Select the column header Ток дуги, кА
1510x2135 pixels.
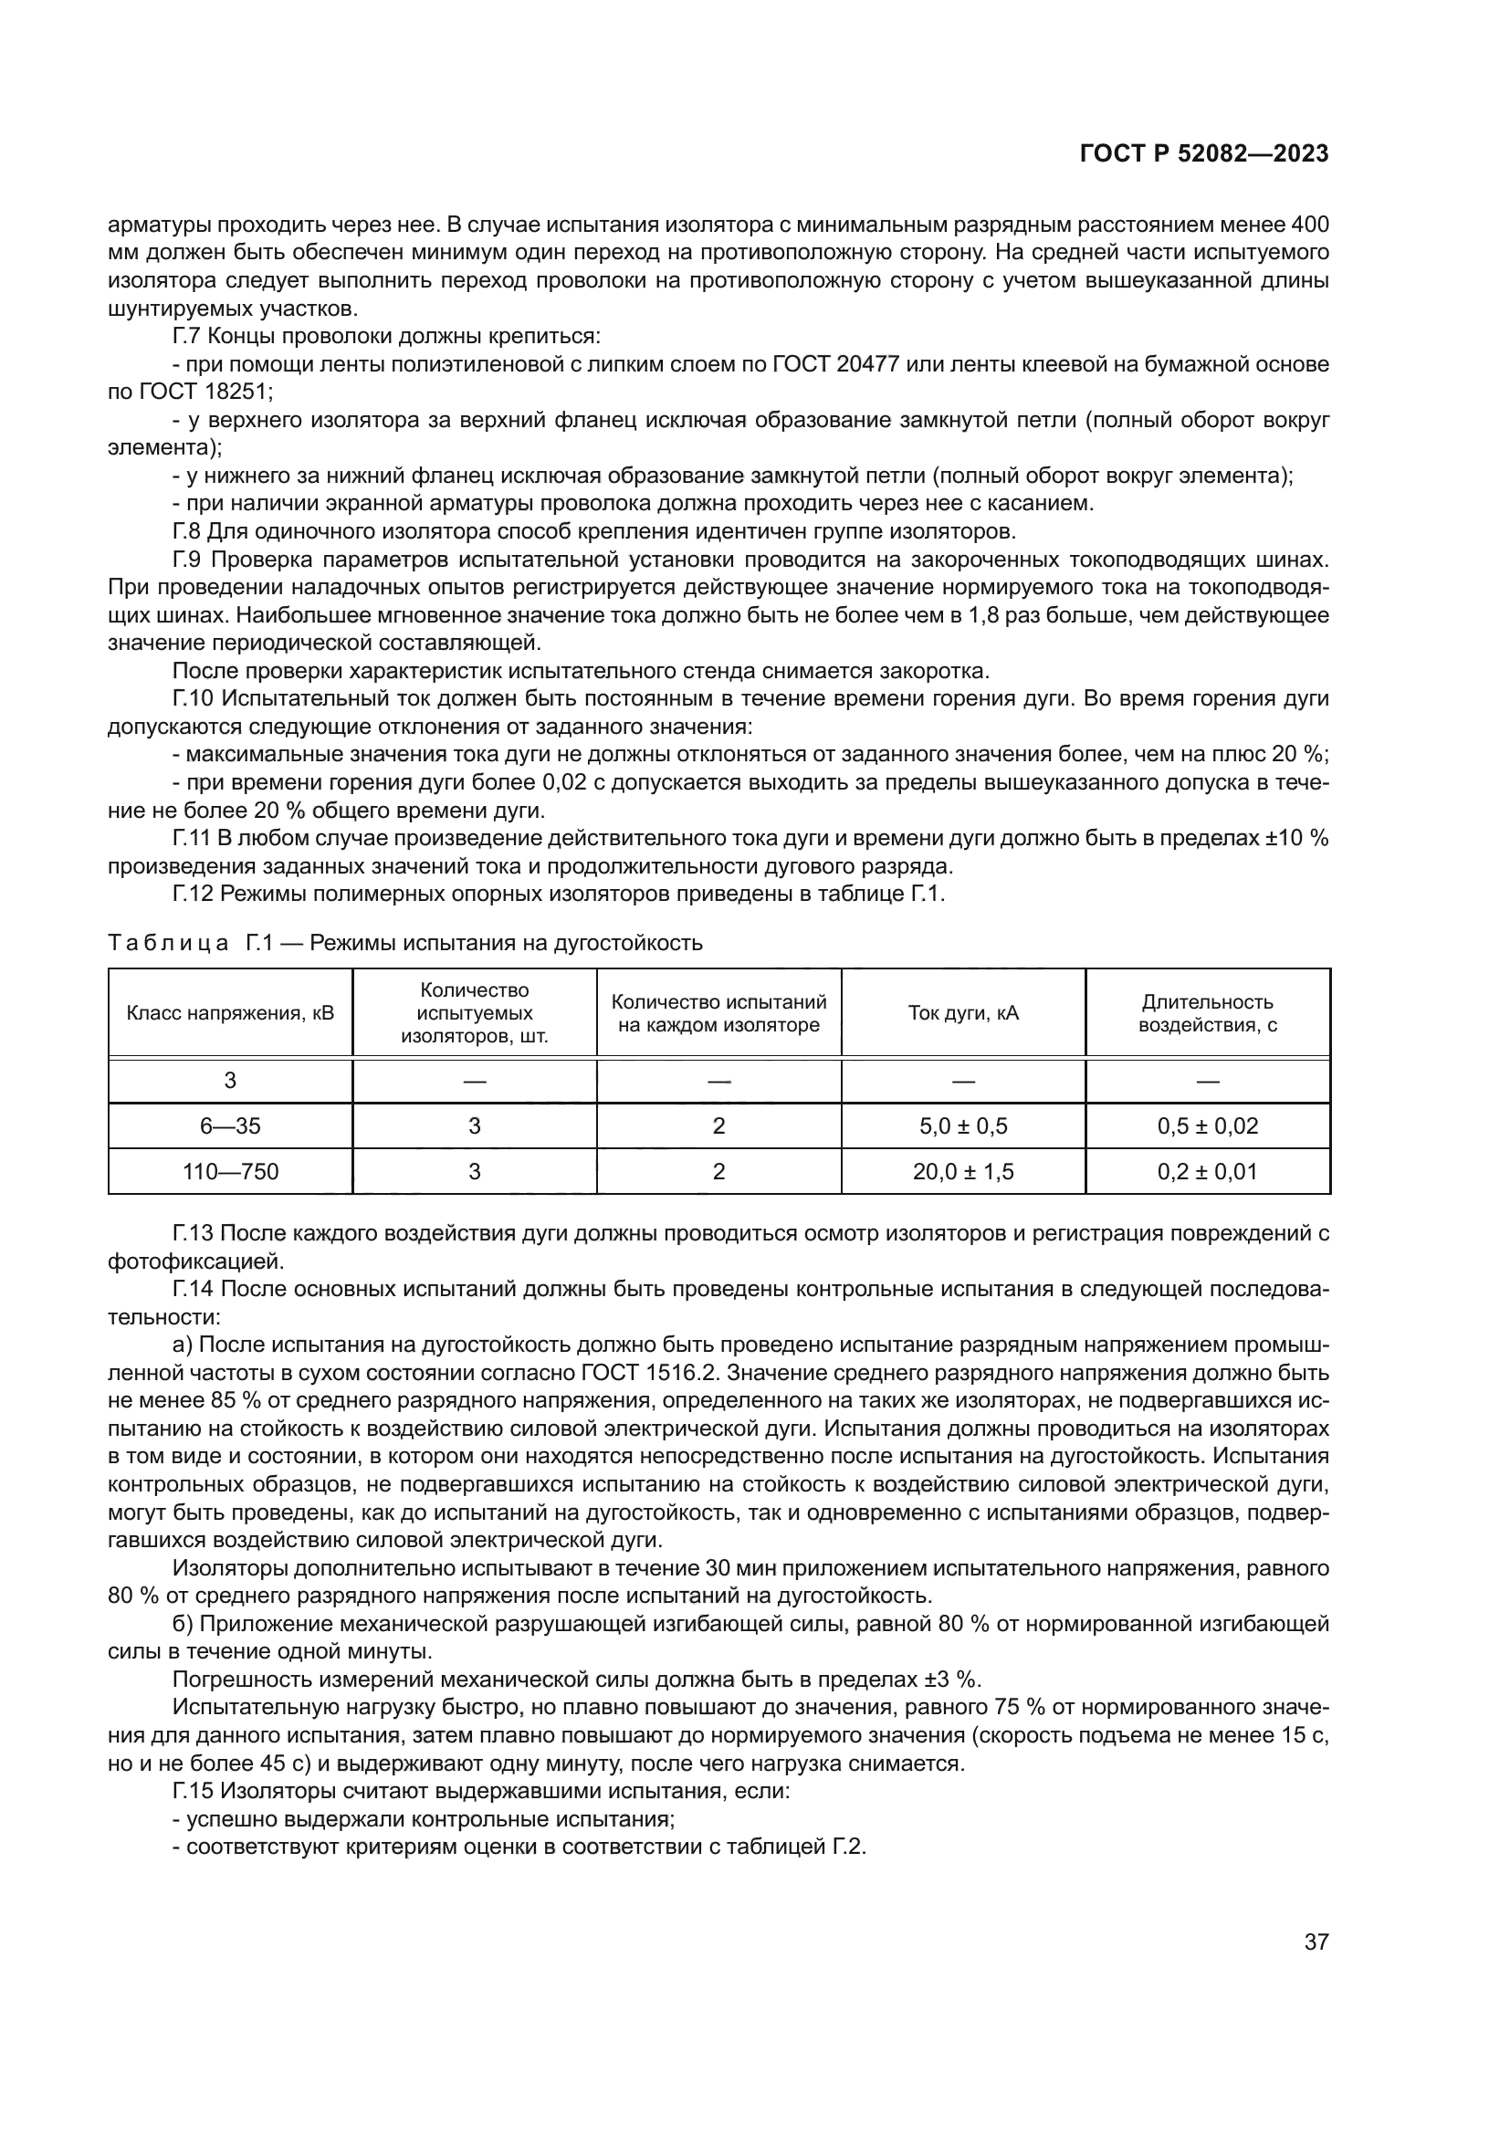pos(962,1012)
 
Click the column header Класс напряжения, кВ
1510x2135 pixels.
pos(230,1012)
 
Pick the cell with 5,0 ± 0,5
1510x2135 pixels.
pos(962,1126)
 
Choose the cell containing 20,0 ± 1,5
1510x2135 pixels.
pos(962,1172)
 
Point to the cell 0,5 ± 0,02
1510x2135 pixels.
pos(1207,1126)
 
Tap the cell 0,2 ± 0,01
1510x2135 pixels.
pos(1207,1172)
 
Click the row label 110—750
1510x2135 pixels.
pos(230,1172)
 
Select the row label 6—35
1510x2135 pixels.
pos(230,1126)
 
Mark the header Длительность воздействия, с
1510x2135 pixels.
pos(1207,1012)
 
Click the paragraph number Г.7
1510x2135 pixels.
pos(186,336)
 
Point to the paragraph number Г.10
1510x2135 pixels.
pos(193,698)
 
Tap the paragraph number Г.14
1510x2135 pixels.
pos(193,1289)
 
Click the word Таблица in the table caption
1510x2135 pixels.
pos(168,943)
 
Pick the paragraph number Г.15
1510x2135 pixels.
pos(193,1790)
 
